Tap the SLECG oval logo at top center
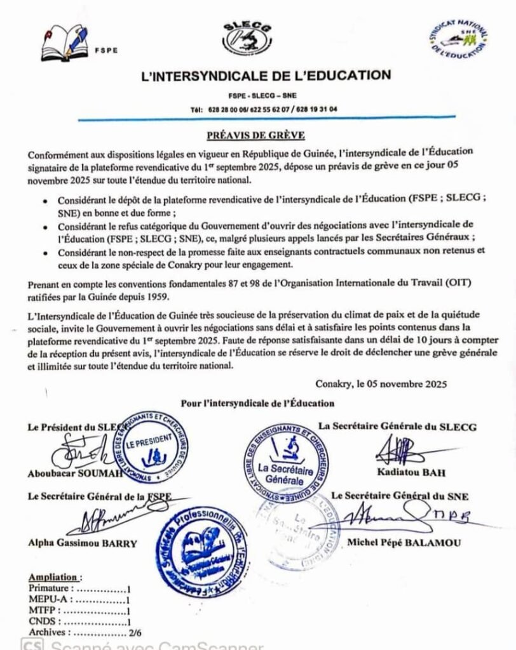pyautogui.click(x=247, y=37)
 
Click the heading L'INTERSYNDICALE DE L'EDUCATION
pyautogui.click(x=266, y=76)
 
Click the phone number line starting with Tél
pyautogui.click(x=264, y=109)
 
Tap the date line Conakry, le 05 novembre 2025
pyautogui.click(x=381, y=383)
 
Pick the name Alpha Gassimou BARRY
pyautogui.click(x=82, y=543)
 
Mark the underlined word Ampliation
pyautogui.click(x=55, y=578)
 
